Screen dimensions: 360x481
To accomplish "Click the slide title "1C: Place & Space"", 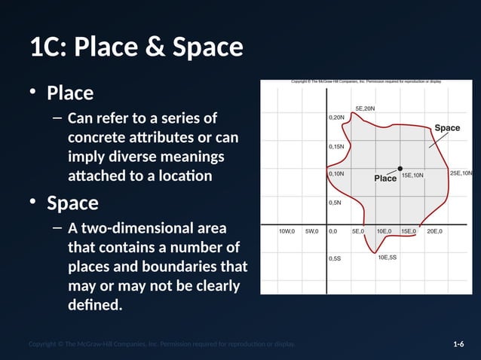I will coord(136,48).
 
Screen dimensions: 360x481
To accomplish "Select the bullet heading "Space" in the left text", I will coord(72,203).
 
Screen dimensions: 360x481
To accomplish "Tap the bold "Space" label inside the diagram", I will coord(447,128).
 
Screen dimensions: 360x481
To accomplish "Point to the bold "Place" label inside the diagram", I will coord(385,178).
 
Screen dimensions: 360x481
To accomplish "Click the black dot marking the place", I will coord(400,168).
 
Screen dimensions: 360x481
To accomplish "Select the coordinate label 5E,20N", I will coord(365,108).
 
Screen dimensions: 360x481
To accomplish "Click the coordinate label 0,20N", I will coord(337,117).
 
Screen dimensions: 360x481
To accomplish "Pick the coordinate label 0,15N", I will coord(337,146).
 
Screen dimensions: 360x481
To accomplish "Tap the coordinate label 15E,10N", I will coord(412,175).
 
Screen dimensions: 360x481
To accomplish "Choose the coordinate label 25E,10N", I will coord(461,173).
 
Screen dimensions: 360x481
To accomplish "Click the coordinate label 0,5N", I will coord(335,203).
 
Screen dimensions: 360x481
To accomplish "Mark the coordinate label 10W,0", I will coord(286,231).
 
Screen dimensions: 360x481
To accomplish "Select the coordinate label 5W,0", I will coord(311,231).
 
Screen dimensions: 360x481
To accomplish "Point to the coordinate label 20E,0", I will coord(434,231).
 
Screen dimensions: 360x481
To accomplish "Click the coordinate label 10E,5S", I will coord(387,258).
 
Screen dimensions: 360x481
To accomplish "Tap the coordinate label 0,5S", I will coord(335,258).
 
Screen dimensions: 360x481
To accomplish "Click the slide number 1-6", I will coord(458,344).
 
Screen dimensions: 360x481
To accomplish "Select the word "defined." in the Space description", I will coord(94,306).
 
